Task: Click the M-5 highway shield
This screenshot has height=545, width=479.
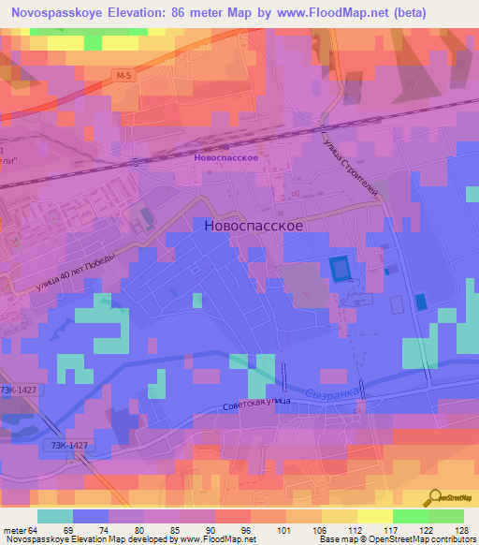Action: click(x=125, y=73)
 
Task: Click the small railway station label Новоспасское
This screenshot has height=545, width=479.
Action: click(x=225, y=158)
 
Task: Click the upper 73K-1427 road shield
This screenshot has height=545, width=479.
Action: click(x=19, y=390)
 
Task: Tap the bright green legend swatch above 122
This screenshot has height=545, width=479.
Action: click(x=411, y=516)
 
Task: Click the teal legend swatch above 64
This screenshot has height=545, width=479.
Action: click(x=55, y=516)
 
